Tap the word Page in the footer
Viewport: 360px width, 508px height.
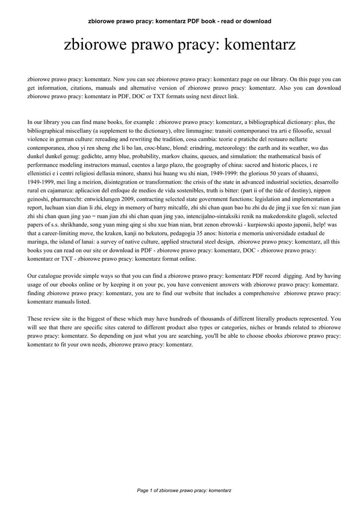[x=143, y=491]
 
